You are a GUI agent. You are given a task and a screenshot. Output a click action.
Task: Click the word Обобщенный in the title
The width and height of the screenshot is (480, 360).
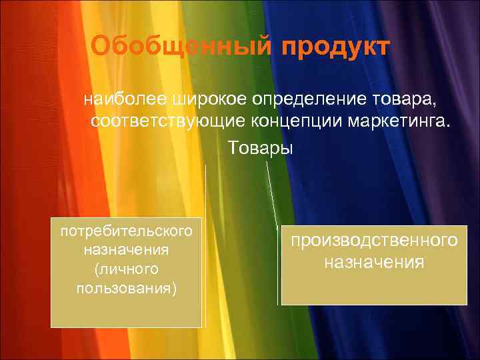click(181, 47)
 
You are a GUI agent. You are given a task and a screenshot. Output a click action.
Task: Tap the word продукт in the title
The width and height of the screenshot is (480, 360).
click(334, 47)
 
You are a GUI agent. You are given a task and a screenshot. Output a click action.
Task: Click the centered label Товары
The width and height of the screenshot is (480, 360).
click(261, 145)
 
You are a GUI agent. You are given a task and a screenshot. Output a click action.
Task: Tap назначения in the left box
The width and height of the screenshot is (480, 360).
click(126, 251)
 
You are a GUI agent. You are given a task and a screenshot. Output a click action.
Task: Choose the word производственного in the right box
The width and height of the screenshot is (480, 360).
click(373, 239)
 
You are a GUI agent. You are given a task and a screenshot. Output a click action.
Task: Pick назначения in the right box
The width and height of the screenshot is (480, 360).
click(373, 261)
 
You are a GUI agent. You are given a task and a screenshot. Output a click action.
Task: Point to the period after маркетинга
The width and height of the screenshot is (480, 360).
click(449, 127)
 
